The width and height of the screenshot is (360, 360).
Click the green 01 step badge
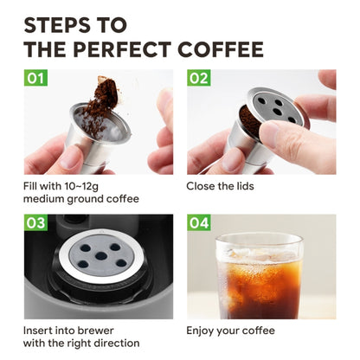[35, 79]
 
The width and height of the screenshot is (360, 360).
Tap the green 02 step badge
[199, 79]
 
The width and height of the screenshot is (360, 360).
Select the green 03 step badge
[35, 223]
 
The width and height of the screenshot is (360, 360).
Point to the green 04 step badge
[199, 223]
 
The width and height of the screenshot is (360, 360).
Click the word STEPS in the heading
[57, 23]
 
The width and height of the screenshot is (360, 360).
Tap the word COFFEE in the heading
[220, 49]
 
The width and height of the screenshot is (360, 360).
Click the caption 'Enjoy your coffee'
[231, 330]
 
